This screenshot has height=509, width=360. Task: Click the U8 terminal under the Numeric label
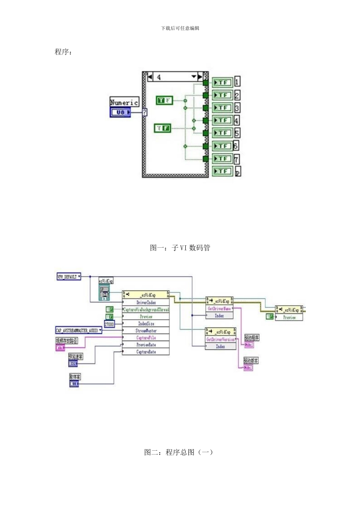coord(121,112)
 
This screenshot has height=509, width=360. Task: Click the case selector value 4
coord(159,77)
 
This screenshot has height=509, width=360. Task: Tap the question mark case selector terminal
coord(144,112)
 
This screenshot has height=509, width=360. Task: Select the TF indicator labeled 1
coord(222,82)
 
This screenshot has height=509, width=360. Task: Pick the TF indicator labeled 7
coord(222,159)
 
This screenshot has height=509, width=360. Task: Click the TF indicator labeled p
coord(222,171)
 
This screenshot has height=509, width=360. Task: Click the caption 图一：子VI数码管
coord(180,248)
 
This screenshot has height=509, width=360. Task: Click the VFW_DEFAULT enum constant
coord(69,277)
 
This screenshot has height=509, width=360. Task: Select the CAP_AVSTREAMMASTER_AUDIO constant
coord(79,331)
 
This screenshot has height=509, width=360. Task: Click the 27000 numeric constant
coord(109,324)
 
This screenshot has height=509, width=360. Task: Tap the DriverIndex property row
coord(146,303)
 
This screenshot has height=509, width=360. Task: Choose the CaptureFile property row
coord(146,338)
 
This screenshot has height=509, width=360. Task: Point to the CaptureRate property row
coord(146,352)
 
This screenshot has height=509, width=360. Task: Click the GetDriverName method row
coord(219,309)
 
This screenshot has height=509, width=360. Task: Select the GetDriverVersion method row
coord(221,339)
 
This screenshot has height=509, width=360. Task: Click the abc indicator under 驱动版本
coord(248,368)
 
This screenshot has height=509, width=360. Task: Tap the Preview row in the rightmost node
coord(289,317)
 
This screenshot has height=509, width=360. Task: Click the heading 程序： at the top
coord(63,52)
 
